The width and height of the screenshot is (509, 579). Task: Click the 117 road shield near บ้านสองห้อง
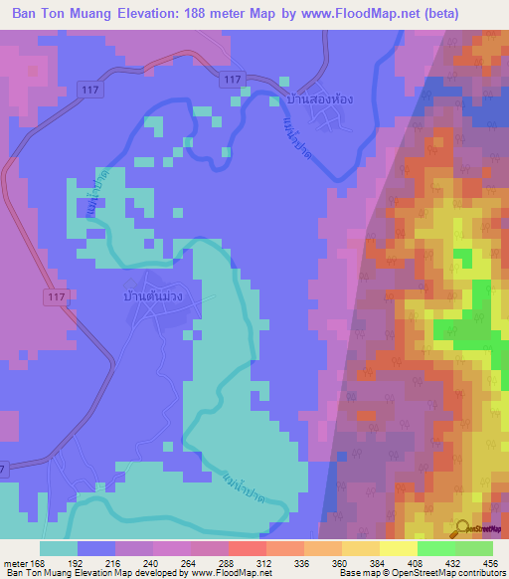point(234,79)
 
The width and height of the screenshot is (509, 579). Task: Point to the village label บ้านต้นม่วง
point(154,296)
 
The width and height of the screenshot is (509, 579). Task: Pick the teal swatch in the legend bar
point(59,548)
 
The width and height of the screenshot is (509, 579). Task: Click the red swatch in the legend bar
point(248,548)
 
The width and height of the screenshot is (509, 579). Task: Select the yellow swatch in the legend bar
point(399,548)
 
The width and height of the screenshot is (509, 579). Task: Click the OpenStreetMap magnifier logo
point(462,526)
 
